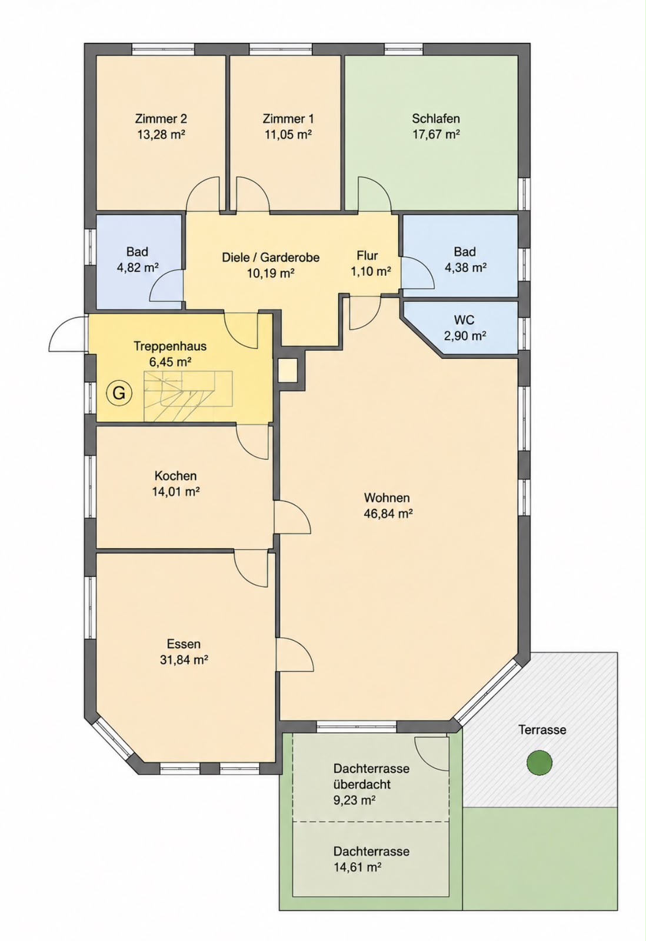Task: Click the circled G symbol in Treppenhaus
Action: coord(119,393)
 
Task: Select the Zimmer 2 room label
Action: coord(161,118)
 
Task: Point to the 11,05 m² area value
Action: coord(288,135)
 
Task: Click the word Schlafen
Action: coord(436,118)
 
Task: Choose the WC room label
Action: coord(464,320)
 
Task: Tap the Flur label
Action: coord(367,255)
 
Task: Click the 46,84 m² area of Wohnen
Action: coord(388,513)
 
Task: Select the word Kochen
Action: coord(176,476)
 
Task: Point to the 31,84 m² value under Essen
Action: coord(184,659)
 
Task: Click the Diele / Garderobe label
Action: coord(271,257)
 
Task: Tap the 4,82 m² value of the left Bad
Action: coord(138,268)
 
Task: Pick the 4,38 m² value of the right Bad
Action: coord(466,268)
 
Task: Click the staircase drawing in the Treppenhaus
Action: coord(188,396)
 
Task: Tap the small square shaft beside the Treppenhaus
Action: coord(288,371)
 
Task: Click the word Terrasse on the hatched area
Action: coord(542,730)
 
